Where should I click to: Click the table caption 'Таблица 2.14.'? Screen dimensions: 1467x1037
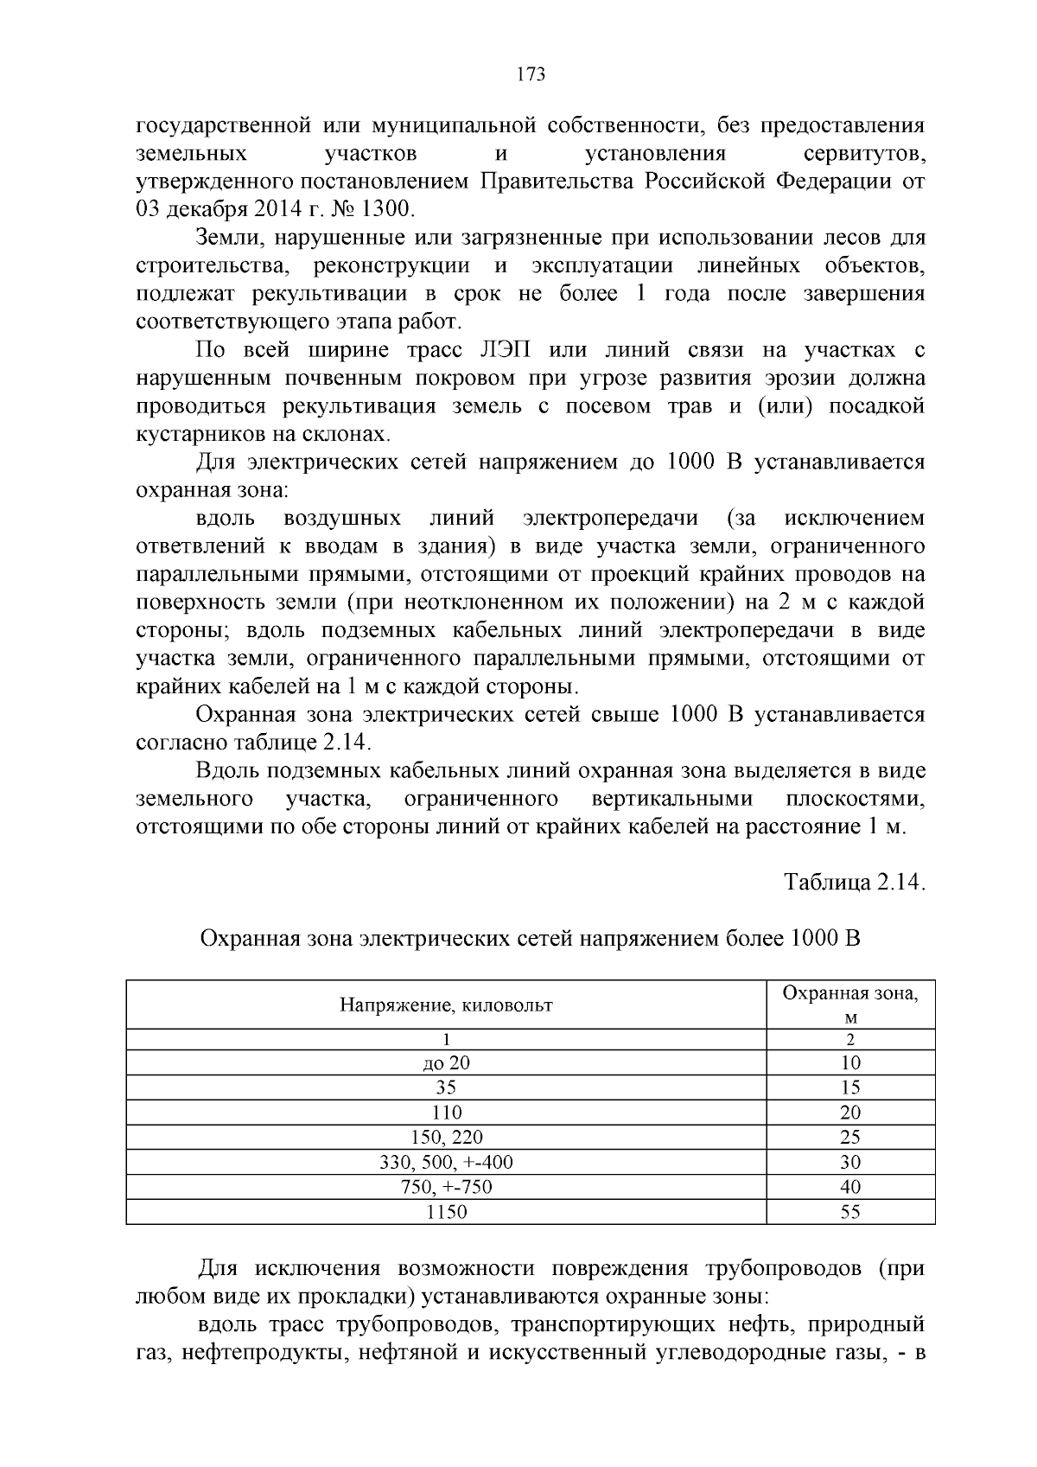coord(855,883)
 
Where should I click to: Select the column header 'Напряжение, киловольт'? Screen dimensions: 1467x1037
coord(446,1005)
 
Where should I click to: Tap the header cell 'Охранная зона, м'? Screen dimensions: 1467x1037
coord(850,1005)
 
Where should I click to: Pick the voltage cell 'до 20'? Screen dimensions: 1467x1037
coord(446,1063)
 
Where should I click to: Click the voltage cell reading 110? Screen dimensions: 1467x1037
coord(446,1113)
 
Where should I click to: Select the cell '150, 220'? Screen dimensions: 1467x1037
coord(446,1138)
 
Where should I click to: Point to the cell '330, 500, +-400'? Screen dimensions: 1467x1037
coord(446,1163)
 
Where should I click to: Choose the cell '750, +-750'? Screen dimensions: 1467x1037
coord(446,1187)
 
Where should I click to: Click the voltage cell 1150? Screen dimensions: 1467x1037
coord(446,1212)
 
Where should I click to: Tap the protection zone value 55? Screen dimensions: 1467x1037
coord(850,1212)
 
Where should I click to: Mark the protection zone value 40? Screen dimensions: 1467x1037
coord(850,1187)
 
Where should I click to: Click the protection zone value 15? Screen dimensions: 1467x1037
coord(850,1087)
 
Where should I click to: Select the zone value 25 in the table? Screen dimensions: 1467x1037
coord(850,1138)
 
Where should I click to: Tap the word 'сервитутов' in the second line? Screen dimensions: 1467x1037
coord(864,154)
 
